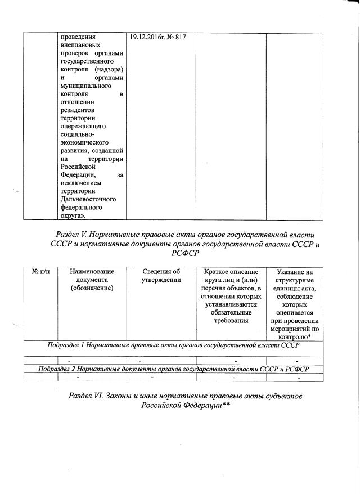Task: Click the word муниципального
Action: coord(85,85)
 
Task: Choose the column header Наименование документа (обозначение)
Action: coord(92,280)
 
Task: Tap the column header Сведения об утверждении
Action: coord(161,276)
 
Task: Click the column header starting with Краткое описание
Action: coord(231,272)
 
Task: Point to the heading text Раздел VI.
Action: coord(91,397)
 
